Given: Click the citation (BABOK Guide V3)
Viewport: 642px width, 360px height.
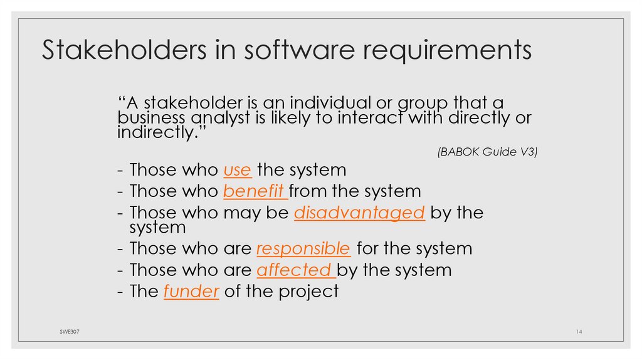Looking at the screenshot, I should (487, 152).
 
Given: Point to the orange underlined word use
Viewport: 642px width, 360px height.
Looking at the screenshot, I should (238, 170).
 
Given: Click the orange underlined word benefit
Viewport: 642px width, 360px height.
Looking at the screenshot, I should (255, 191).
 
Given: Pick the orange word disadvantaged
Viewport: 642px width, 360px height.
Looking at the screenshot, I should (359, 213).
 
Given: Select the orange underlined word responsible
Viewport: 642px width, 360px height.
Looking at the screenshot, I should (303, 248).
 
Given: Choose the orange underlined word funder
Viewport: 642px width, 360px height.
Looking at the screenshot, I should (191, 291).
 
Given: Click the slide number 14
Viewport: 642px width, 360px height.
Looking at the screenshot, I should (579, 331).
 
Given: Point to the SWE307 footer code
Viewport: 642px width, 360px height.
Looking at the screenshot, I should (61, 331).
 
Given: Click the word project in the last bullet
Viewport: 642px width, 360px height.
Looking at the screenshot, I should (308, 292).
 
